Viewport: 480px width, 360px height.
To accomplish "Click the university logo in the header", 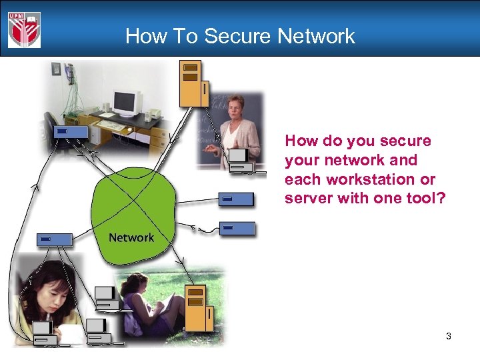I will pos(25,30).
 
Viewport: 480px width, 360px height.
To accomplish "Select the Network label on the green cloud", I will pos(131,237).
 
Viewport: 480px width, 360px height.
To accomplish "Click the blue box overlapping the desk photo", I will pos(71,132).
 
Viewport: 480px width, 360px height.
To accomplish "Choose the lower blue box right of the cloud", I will pos(238,228).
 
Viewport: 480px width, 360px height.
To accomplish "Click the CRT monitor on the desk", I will pos(127,103).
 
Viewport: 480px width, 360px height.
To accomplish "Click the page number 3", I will pos(449,337).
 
